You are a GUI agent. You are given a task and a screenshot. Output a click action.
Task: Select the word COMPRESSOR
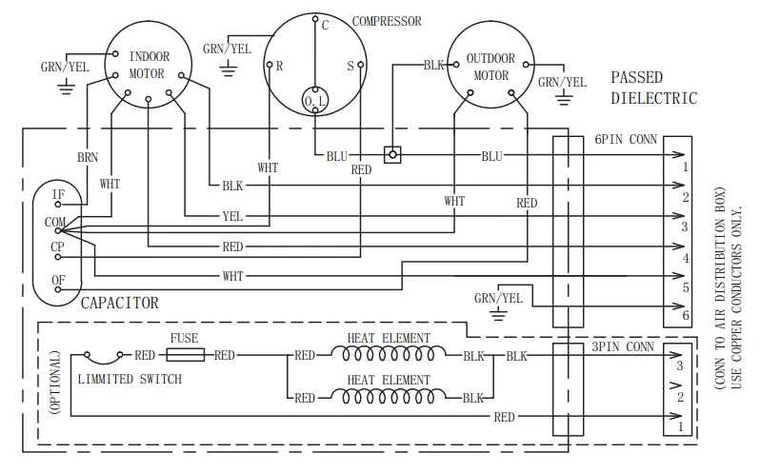click(387, 21)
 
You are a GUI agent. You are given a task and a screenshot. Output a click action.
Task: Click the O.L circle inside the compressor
click(314, 100)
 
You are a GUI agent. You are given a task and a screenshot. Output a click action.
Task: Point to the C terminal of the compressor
click(325, 26)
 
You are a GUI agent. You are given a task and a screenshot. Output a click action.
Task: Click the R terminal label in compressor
click(280, 67)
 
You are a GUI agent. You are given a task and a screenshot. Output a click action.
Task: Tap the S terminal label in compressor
click(350, 67)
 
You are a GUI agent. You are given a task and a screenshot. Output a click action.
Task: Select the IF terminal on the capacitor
click(58, 194)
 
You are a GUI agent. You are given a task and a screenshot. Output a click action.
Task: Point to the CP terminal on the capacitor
click(58, 247)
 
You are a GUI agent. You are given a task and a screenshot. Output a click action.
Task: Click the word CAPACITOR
click(119, 304)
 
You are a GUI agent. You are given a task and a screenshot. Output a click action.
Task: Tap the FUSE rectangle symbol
click(185, 355)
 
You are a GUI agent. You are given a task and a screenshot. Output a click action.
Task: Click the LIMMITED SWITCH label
click(128, 379)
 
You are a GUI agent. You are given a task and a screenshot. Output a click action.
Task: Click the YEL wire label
click(232, 216)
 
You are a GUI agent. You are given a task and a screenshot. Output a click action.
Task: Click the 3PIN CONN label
click(623, 347)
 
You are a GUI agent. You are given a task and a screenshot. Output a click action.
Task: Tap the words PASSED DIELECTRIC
click(653, 88)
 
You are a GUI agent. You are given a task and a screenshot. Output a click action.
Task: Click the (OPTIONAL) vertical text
click(55, 381)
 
